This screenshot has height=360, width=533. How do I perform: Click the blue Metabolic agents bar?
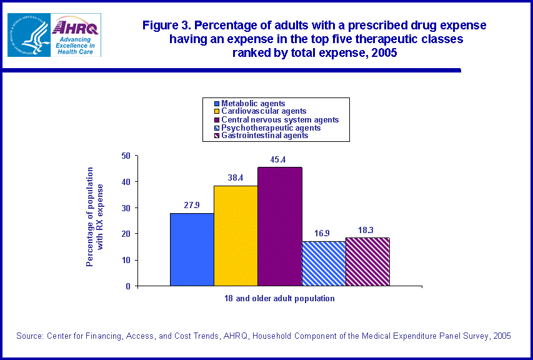(192, 249)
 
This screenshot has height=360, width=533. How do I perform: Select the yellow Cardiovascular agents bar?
(236, 236)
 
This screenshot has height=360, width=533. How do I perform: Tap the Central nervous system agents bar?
(279, 226)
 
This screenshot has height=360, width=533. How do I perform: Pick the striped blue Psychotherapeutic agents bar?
(323, 263)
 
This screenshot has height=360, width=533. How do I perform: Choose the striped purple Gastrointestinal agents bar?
(367, 261)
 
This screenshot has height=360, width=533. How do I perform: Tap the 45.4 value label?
(278, 160)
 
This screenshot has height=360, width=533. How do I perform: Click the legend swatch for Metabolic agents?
(217, 104)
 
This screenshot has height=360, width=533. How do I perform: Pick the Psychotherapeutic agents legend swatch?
(217, 127)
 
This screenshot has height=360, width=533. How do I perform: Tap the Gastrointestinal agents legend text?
(265, 135)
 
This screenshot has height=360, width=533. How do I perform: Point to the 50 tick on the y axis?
(126, 156)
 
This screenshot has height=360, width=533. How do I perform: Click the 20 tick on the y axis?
(126, 234)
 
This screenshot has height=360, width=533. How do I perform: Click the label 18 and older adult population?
(279, 299)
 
